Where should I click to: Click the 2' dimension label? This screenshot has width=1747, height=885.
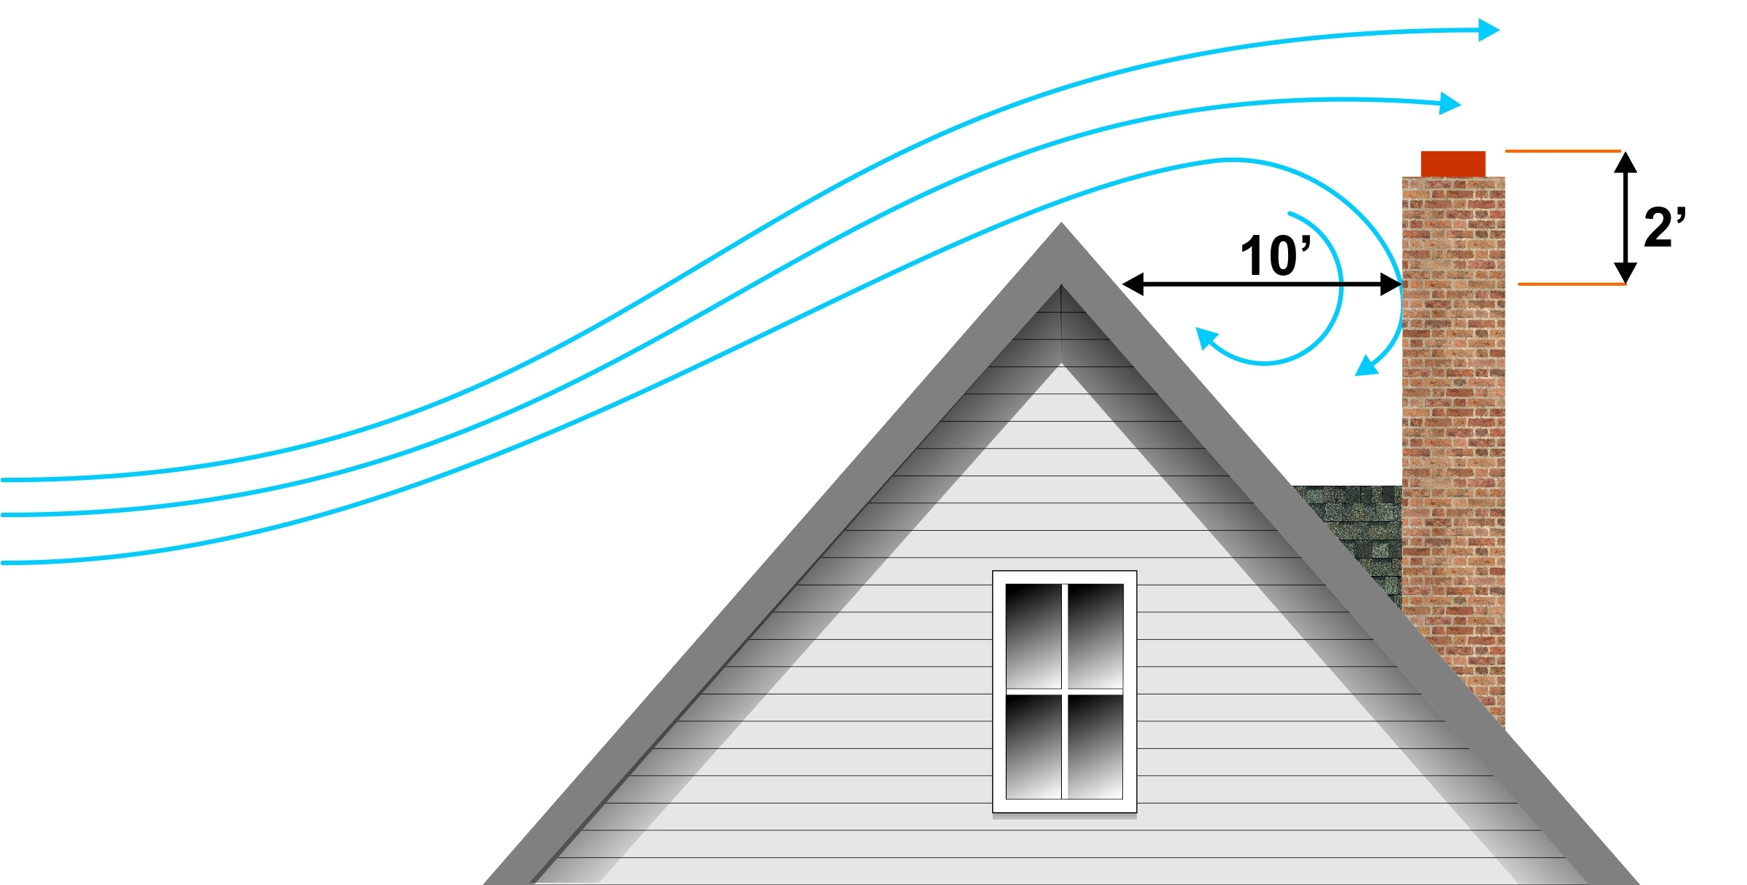[x=1664, y=228]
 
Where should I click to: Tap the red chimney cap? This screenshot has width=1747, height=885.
[x=1453, y=164]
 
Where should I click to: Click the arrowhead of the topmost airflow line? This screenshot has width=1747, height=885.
[x=1488, y=30]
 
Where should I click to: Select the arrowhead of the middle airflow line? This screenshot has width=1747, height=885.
[x=1450, y=103]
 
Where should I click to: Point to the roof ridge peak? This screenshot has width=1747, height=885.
[x=1061, y=227]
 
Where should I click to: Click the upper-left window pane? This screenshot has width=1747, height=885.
[x=1034, y=635]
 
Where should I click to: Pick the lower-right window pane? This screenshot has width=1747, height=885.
[x=1095, y=746]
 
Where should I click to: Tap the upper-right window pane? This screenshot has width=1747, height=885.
[x=1095, y=635]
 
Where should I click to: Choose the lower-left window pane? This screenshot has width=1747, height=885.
[x=1034, y=746]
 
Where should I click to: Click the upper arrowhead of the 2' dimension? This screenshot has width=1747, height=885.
[x=1626, y=162]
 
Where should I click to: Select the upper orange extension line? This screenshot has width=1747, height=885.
[x=1563, y=151]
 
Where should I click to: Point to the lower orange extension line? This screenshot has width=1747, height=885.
[x=1571, y=284]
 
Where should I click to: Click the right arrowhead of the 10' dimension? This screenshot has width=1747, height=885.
[x=1391, y=284]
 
